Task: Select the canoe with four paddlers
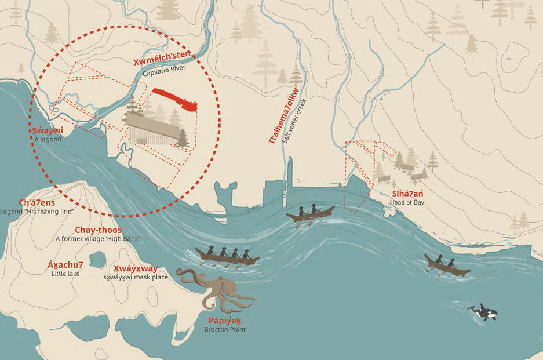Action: [227, 256]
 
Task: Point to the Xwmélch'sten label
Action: [162, 61]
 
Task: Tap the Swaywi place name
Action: [48, 130]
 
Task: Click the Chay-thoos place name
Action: [98, 230]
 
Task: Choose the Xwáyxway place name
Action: [135, 268]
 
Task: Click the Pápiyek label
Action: [224, 321]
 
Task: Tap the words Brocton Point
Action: [224, 330]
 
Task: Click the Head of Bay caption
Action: [407, 202]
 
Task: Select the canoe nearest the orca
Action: [447, 264]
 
